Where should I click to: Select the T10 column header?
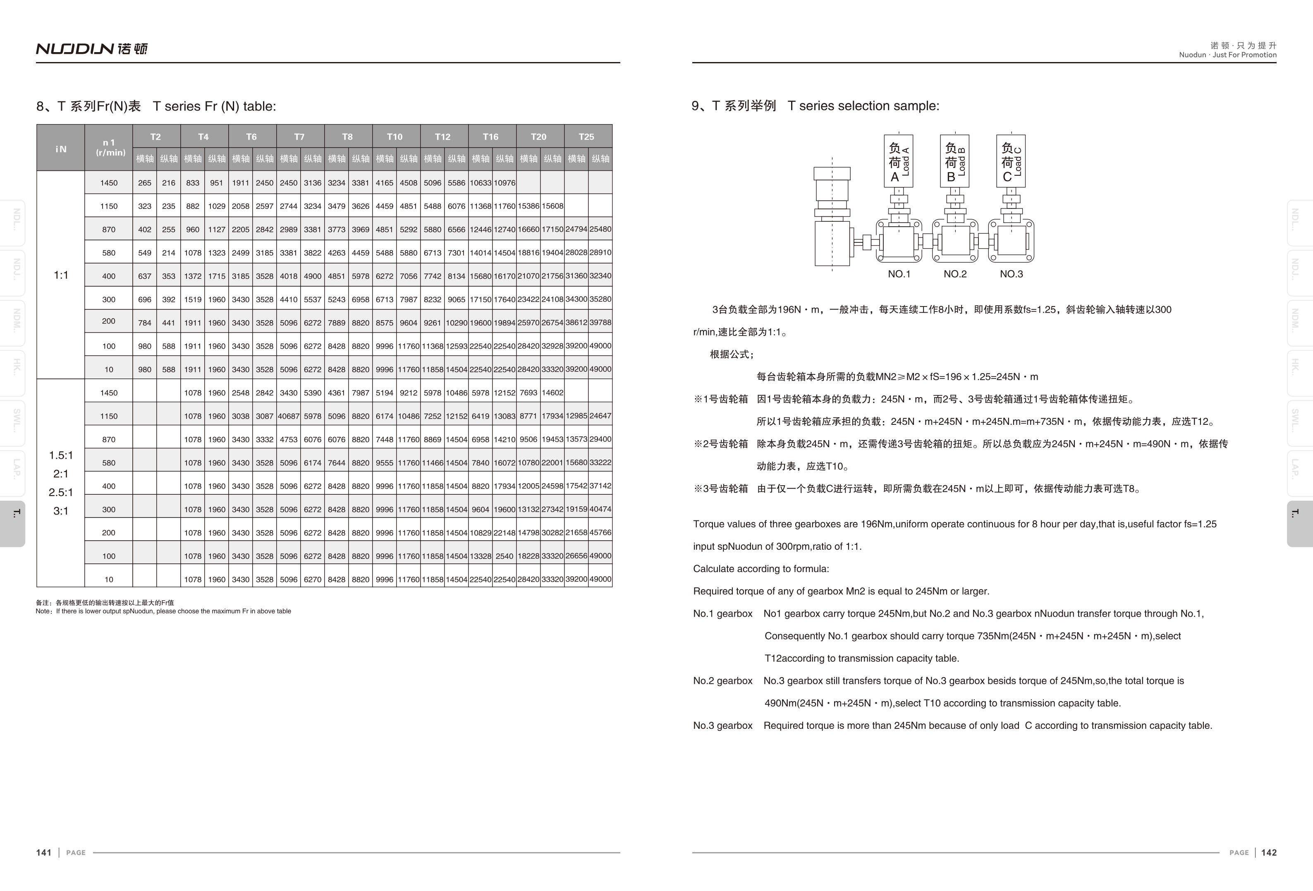[x=395, y=137]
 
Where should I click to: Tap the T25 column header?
[x=586, y=137]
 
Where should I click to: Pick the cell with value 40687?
[x=289, y=416]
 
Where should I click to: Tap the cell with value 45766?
[x=600, y=533]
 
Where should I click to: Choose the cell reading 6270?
[x=312, y=580]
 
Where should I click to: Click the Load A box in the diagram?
[x=898, y=161]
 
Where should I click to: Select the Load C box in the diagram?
[x=1011, y=161]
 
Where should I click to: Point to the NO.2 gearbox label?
[x=955, y=274]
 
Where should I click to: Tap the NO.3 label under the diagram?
[x=1011, y=274]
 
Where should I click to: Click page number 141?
[x=43, y=853]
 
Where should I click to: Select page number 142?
[x=1269, y=853]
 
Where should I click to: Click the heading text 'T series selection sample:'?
[x=863, y=105]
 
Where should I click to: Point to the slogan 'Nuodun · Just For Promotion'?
[x=1228, y=55]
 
